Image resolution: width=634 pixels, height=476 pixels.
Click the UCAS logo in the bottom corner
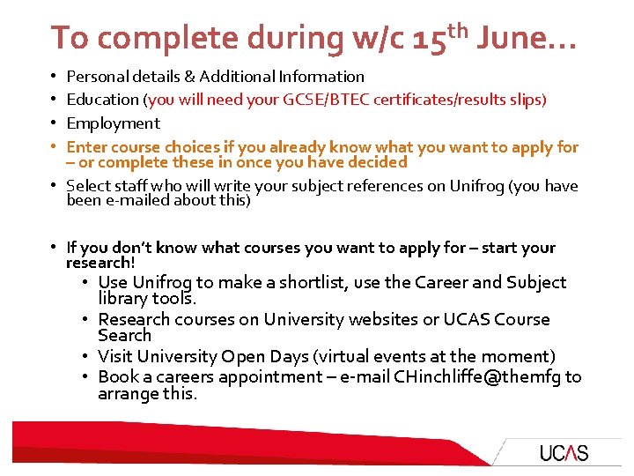564,453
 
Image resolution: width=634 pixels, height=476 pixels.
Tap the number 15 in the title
429,39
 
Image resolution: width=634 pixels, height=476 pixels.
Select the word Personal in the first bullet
95,77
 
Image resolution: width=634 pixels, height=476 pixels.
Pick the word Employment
114,123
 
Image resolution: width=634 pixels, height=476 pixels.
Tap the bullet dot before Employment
54,123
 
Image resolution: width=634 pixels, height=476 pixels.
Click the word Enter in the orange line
86,146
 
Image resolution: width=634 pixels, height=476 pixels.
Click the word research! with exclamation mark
100,263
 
